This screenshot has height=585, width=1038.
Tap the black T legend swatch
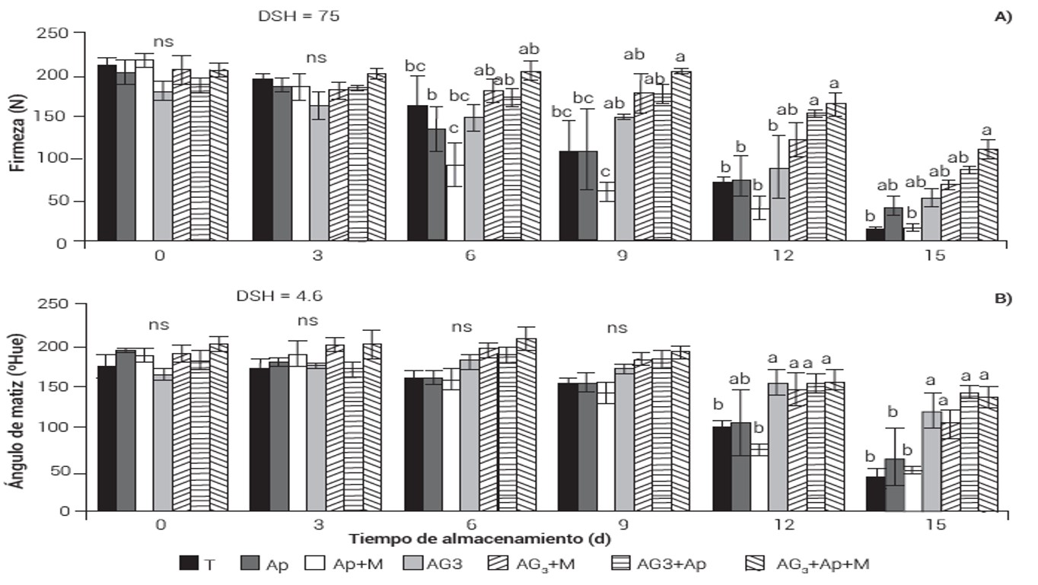(189, 564)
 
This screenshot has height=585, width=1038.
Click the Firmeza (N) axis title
(16, 136)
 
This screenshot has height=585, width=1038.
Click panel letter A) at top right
(1003, 17)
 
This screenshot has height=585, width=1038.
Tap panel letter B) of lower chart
(1003, 298)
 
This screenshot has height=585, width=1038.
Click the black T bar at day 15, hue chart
(876, 494)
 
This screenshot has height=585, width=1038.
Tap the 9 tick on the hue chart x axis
(622, 525)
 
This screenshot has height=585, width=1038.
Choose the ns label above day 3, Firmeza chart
(317, 58)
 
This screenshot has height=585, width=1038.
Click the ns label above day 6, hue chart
(461, 327)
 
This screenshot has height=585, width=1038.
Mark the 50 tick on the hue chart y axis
(59, 472)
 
